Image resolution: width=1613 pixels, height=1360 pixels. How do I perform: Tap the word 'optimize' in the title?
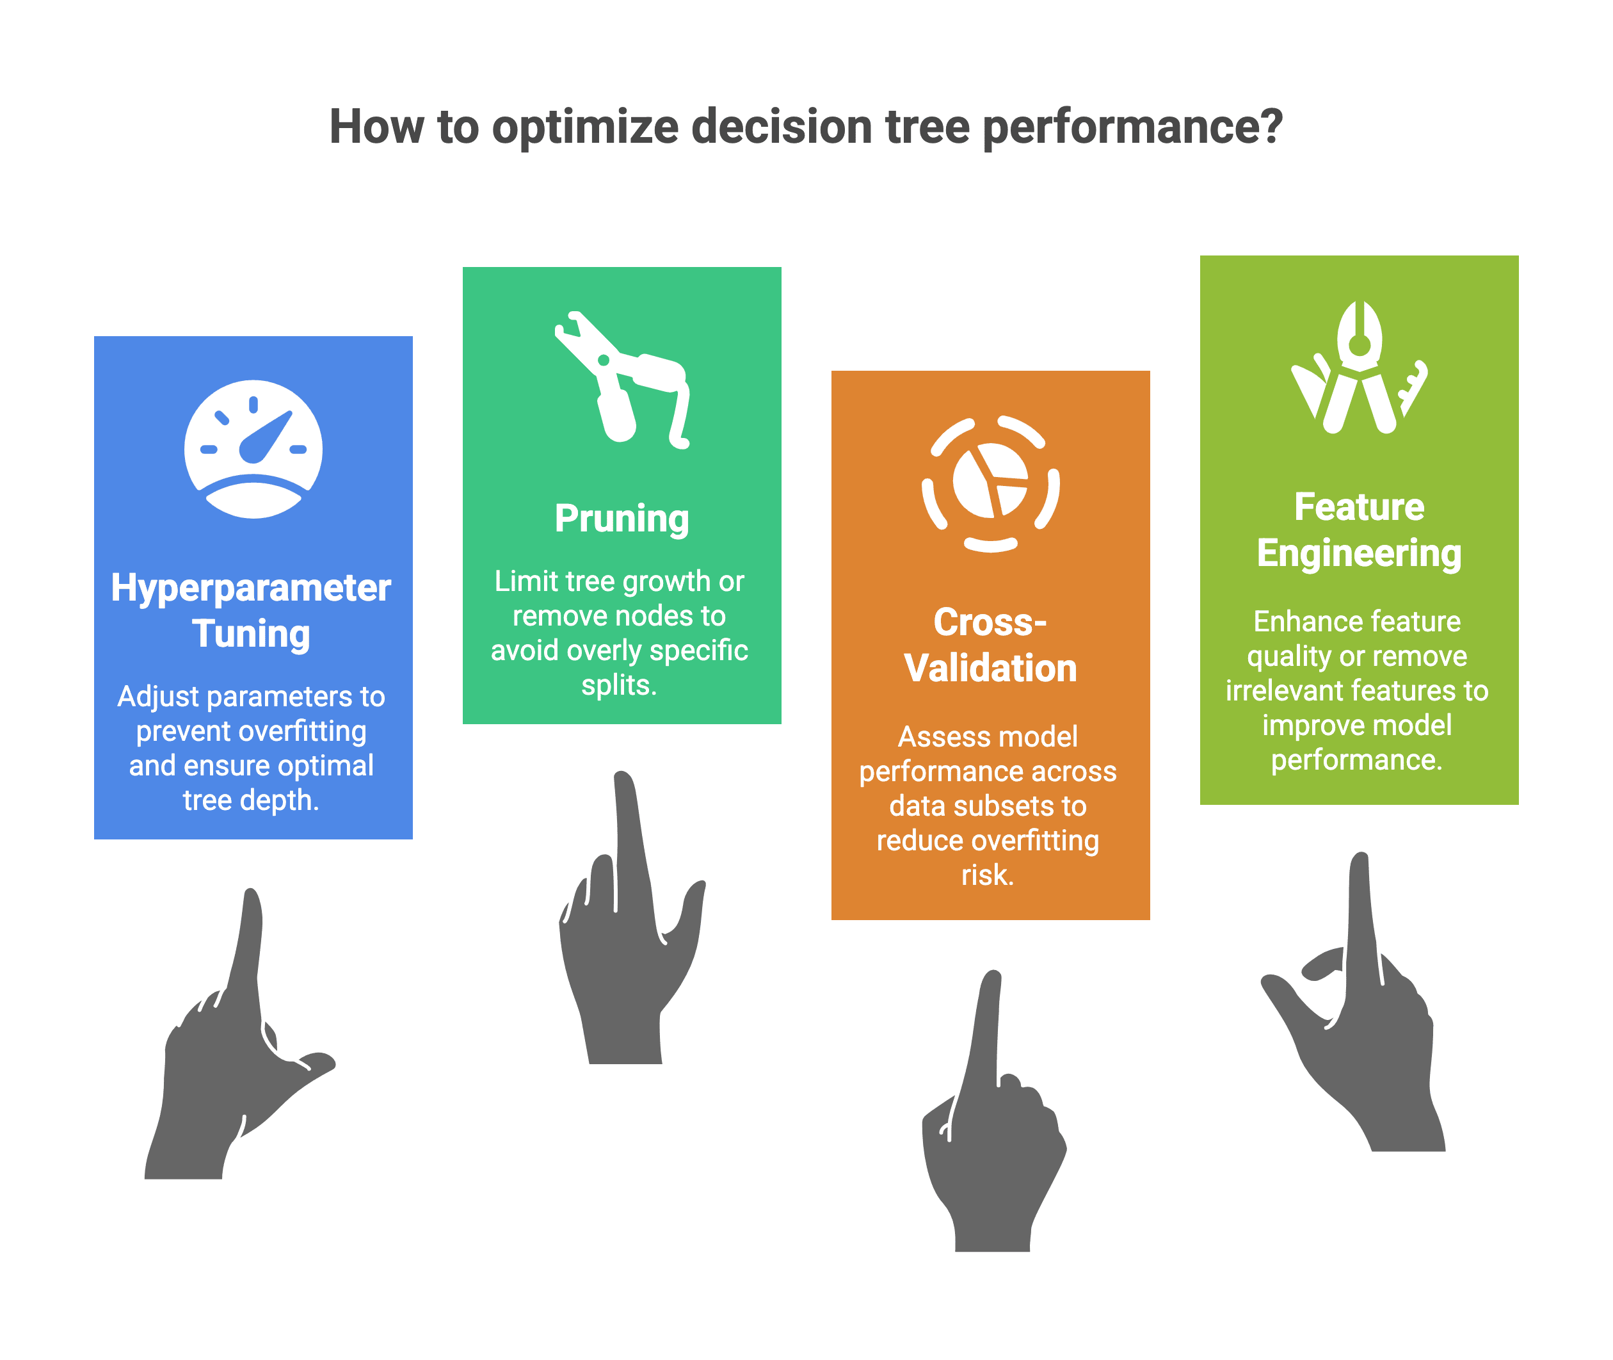click(585, 127)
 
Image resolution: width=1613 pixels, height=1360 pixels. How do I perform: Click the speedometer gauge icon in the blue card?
click(253, 449)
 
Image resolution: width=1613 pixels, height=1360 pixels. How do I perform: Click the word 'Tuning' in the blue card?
click(252, 635)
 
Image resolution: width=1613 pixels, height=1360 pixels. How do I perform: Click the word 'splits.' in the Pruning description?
click(619, 685)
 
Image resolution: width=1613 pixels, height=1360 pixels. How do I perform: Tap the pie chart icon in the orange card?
click(990, 483)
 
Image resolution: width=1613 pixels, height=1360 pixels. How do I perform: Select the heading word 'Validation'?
click(990, 668)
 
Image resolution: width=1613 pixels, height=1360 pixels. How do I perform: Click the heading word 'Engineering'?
click(1359, 555)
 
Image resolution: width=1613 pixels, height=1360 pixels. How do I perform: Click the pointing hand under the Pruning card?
click(632, 918)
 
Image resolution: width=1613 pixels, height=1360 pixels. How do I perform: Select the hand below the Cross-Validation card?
click(993, 1110)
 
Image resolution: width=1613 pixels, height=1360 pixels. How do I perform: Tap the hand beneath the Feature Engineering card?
click(1354, 1001)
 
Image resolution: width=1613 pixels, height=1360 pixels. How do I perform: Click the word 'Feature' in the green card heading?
click(1359, 507)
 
